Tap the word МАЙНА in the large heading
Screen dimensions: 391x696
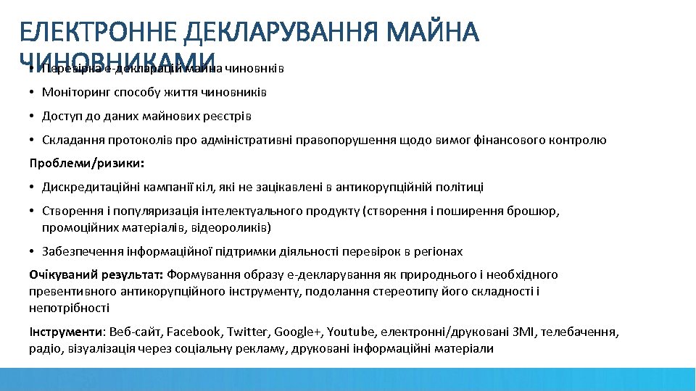pyautogui.click(x=434, y=32)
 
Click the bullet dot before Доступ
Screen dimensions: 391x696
pyautogui.click(x=33, y=117)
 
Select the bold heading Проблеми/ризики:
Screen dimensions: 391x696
pyautogui.click(x=87, y=163)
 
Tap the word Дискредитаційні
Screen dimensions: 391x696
pyautogui.click(x=87, y=188)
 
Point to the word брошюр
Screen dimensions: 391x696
pyautogui.click(x=538, y=211)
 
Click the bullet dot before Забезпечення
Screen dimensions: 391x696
pyautogui.click(x=33, y=252)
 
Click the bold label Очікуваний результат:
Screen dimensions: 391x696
pyautogui.click(x=96, y=275)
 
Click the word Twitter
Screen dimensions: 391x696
pyautogui.click(x=247, y=332)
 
